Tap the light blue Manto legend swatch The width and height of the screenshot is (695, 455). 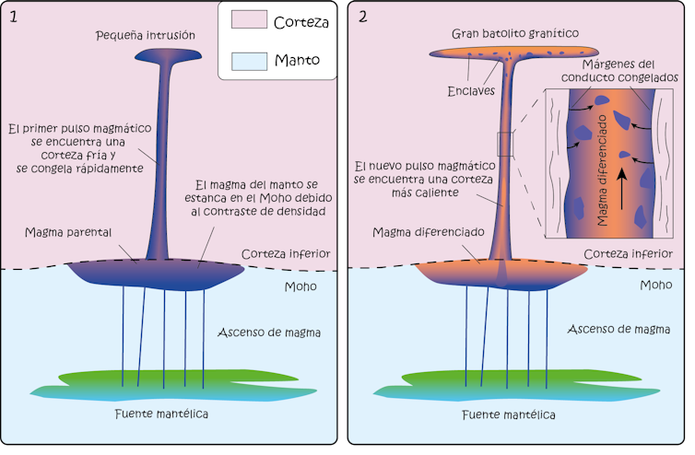[x=245, y=61]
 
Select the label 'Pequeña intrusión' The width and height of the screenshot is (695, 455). [x=158, y=35]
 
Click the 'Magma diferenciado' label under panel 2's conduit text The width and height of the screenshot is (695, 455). [x=425, y=232]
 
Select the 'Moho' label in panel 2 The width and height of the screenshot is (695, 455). [x=655, y=286]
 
